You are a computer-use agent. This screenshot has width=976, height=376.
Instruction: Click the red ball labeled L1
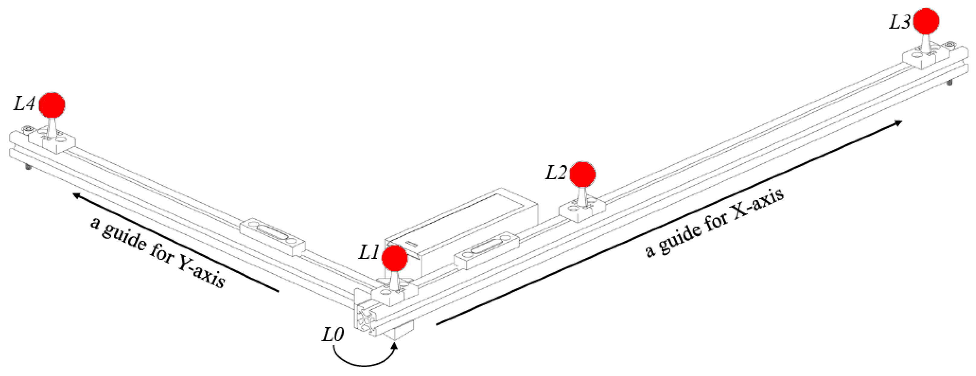pos(395,258)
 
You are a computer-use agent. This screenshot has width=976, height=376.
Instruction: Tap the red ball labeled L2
pos(582,174)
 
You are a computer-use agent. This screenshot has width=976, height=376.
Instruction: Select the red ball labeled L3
pos(926,21)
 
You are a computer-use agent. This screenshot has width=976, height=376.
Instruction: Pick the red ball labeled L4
pos(52,105)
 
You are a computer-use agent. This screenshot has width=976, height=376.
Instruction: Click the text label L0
pos(333,335)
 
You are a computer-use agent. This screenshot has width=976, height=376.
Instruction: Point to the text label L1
pos(369,252)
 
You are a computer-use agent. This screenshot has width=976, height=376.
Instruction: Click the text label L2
pos(555,173)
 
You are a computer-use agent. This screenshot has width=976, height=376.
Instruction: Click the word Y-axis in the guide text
pos(201,272)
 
